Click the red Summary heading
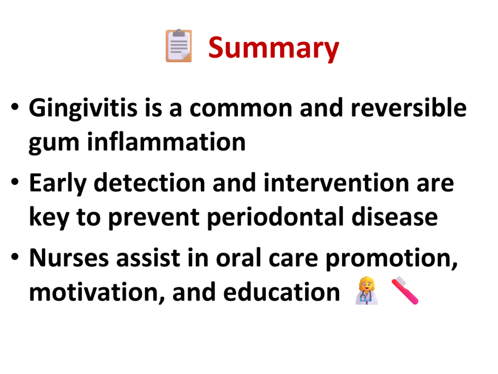[273, 48]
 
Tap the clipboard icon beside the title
[179, 45]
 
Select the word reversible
[409, 108]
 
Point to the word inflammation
[166, 142]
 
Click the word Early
[57, 184]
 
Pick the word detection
[149, 183]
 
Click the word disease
[394, 217]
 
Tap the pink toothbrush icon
[405, 290]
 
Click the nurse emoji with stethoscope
[367, 290]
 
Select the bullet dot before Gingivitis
[15, 107]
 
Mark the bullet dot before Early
[15, 182]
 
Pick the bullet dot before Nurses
[15, 256]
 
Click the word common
[241, 108]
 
